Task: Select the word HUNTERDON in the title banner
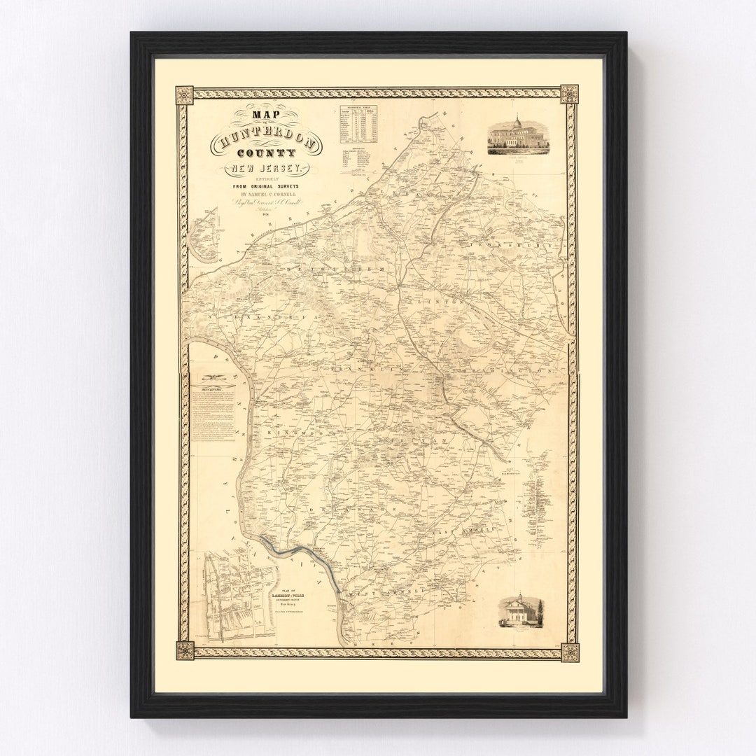point(267,144)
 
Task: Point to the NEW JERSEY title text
point(267,169)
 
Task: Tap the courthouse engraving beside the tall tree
point(519,611)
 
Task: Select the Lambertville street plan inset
point(238,594)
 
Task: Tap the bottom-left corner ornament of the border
point(185,650)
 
